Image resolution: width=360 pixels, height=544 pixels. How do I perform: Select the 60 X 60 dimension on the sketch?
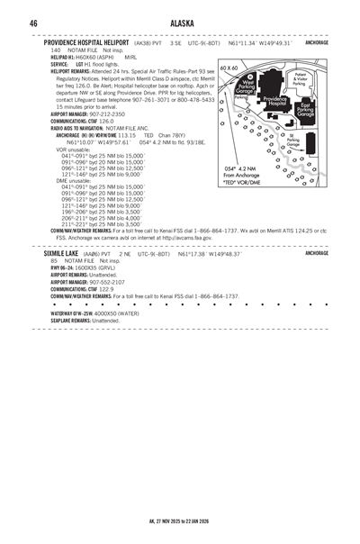coord(229,68)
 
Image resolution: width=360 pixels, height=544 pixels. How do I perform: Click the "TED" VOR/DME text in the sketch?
coord(242,180)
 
